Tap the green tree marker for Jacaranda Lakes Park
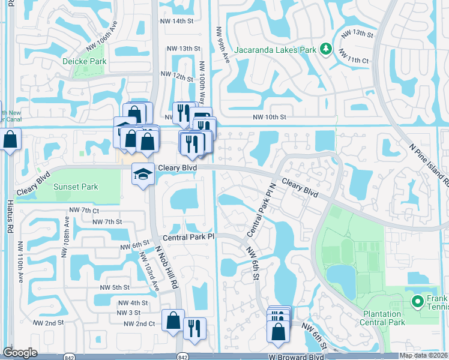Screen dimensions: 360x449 coord(325,48)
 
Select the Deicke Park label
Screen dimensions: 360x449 coord(84,61)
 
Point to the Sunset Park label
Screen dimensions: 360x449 coord(76,187)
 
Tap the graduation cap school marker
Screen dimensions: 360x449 coord(142,174)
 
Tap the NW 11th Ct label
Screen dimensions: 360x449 coord(359,61)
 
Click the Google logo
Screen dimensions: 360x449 coord(20,353)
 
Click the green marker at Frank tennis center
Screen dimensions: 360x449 coord(417,301)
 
